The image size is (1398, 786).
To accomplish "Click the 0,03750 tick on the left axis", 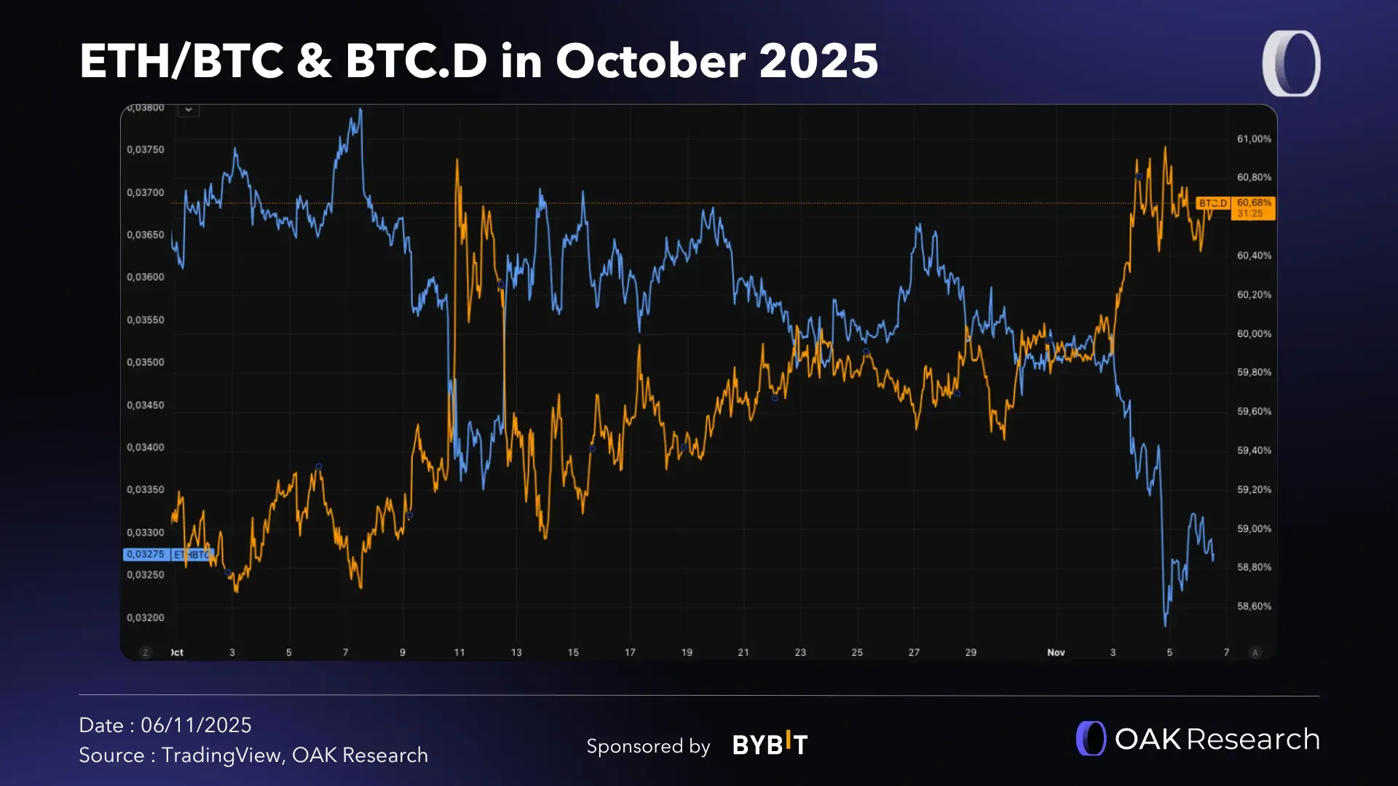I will pos(146,150).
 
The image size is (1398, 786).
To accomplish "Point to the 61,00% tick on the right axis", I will pos(1254,139).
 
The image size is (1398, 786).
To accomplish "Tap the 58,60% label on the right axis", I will pos(1254,606).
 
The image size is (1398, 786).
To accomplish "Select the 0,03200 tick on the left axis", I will pos(146,618).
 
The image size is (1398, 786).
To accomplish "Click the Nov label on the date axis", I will pos(1056,653).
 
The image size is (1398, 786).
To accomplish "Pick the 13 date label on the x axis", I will pos(516,653).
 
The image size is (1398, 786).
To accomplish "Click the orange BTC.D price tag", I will pos(1213,204).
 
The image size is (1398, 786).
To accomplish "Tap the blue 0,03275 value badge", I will pos(146,555).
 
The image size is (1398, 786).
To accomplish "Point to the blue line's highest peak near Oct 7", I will pos(360,110).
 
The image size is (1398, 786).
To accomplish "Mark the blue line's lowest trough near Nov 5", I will pos(1165,624).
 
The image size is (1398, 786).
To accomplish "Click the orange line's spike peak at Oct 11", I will pos(457,160).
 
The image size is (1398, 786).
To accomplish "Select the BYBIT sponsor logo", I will pos(770,745).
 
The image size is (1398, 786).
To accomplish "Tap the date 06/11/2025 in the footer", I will pos(196,726).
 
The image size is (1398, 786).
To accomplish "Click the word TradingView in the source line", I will pos(221,755).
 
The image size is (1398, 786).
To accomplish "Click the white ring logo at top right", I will pos(1292,64).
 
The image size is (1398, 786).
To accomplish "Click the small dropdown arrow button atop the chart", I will pos(189,110).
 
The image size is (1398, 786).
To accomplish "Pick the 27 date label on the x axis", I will pos(914,653).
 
